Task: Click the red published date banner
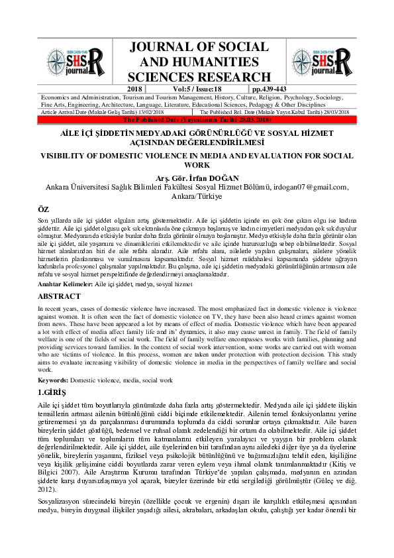coord(197,119)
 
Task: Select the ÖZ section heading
coord(44,209)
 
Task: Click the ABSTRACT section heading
coord(60,296)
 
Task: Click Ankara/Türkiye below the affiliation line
coord(197,197)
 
